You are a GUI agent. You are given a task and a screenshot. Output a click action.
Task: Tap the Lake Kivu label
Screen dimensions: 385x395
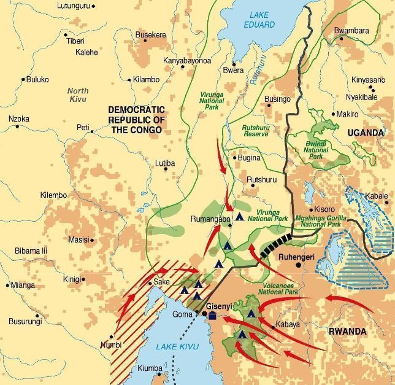(177, 347)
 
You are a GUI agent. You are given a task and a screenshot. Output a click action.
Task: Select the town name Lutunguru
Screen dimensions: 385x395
(73, 6)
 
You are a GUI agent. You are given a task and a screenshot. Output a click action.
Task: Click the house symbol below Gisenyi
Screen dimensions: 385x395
(212, 316)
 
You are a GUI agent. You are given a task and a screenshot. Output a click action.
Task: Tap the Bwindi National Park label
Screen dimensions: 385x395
(316, 150)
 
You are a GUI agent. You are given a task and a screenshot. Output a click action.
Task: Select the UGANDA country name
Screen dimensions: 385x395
(365, 133)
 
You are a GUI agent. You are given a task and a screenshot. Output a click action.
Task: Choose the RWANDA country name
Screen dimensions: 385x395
(364, 332)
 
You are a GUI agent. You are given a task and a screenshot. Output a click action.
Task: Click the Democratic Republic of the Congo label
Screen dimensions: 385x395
(136, 120)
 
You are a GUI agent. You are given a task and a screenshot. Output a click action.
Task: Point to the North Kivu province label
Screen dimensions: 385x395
(78, 95)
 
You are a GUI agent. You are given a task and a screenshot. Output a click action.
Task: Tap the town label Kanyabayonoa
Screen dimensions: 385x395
(187, 61)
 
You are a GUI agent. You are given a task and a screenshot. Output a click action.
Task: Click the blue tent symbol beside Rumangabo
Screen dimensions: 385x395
(240, 216)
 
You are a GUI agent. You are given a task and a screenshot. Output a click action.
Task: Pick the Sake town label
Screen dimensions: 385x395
(162, 281)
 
